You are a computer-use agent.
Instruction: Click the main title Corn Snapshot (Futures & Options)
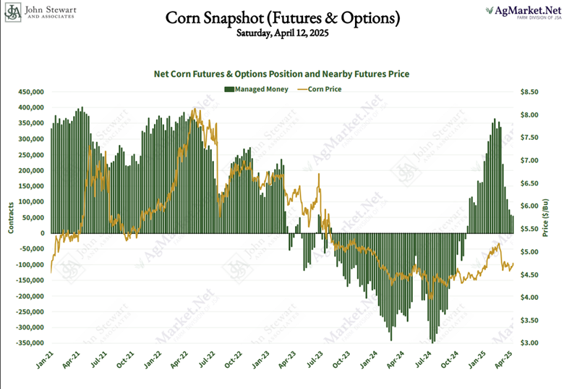coord(281,17)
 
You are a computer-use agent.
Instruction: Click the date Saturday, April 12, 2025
coord(281,33)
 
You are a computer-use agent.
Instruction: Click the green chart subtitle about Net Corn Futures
coord(282,74)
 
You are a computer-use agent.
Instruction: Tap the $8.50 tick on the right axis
coord(530,92)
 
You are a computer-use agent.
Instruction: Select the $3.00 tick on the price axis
coord(530,343)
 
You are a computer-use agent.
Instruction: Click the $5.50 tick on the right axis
coord(530,229)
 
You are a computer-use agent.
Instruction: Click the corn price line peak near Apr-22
coord(193,110)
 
